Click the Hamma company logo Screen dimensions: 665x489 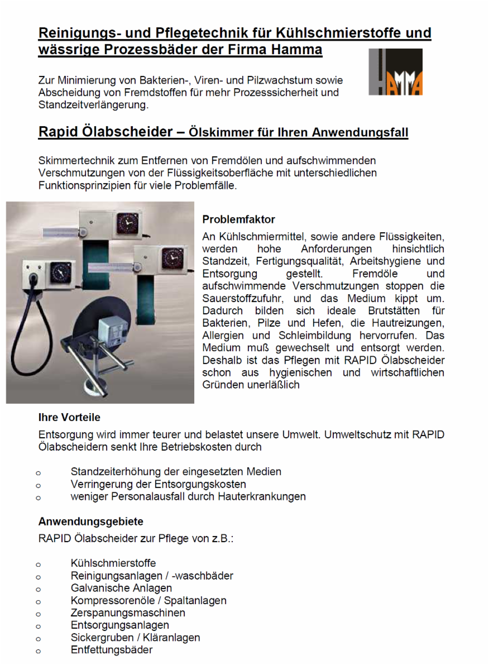[395, 71]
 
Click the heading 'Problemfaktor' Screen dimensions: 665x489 [238, 219]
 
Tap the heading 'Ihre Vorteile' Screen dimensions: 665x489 [69, 417]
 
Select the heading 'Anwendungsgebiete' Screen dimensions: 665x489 [90, 522]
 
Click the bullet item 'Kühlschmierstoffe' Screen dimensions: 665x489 [113, 563]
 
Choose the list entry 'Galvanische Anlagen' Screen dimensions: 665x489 [121, 588]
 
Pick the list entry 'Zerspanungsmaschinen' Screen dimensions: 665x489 [128, 613]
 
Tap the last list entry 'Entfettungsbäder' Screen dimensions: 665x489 [112, 650]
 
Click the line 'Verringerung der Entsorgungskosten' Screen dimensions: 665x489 [158, 484]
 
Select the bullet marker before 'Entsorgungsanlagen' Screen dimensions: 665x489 [39, 626]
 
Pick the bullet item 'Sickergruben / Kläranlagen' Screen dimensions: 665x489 [135, 638]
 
